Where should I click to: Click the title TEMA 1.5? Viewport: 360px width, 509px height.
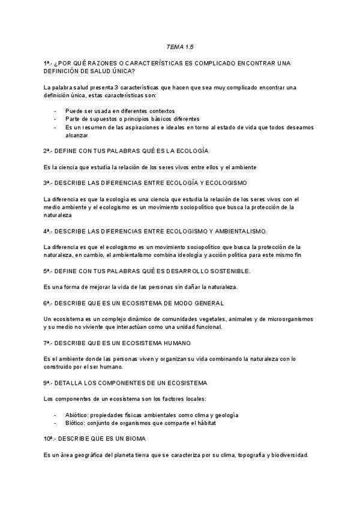coord(180,46)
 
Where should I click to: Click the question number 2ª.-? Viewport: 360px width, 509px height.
coord(50,151)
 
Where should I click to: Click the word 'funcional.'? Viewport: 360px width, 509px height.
coord(205,327)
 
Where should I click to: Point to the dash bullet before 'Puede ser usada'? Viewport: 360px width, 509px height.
coord(55,111)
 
